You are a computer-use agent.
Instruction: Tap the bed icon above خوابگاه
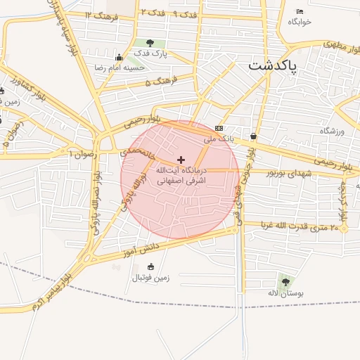[300, 12]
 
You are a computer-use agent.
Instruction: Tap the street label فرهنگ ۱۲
[98, 14]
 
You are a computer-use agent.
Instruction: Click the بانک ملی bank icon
[219, 129]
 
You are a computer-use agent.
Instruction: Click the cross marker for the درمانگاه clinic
[181, 160]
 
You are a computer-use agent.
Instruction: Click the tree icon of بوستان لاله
[285, 282]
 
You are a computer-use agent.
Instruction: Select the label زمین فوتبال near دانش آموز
[150, 278]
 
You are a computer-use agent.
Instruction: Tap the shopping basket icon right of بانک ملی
[253, 136]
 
